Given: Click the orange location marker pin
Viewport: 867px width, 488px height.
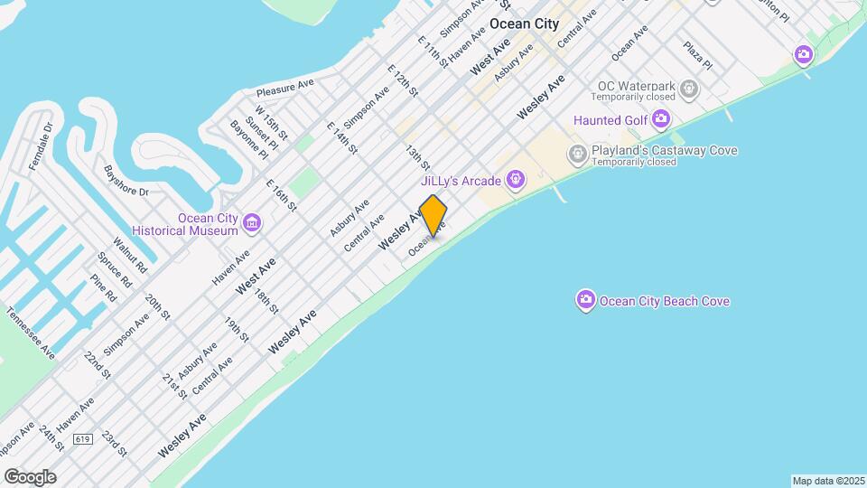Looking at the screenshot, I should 433,216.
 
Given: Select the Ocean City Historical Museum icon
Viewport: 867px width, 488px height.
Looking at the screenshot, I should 252,222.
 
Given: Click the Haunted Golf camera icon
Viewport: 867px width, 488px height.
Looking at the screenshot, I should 662,119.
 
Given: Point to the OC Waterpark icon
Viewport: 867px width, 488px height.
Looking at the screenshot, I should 690,89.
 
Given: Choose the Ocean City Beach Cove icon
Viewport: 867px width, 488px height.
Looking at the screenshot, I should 586,300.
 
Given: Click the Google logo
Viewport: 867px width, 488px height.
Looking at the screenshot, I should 29,477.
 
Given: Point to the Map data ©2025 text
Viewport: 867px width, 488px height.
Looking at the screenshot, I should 827,481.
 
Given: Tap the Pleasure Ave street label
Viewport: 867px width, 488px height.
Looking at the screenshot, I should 284,88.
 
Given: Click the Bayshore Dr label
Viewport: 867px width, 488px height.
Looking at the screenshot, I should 126,180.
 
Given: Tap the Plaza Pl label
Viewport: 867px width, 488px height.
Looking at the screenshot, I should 697,55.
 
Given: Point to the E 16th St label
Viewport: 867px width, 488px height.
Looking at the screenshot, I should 282,196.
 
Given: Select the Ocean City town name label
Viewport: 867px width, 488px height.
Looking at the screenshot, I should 524,23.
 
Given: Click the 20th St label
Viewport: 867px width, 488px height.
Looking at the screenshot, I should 158,307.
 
